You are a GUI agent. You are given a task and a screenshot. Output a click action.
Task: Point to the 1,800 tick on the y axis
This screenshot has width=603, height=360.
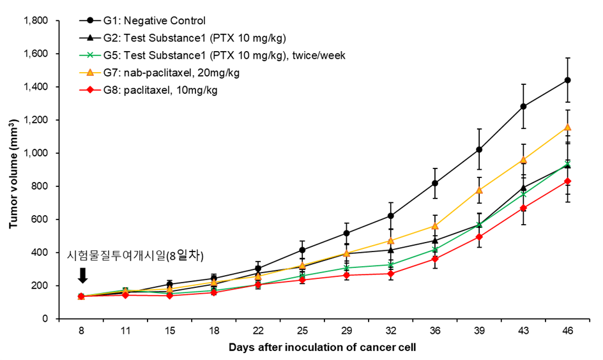[36, 20]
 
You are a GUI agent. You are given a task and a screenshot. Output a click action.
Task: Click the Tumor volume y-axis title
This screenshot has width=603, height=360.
[13, 170]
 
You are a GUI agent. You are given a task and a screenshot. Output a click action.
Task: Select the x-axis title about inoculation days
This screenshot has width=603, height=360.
[323, 348]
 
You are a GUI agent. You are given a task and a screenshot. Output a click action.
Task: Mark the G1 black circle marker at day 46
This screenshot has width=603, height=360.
[567, 80]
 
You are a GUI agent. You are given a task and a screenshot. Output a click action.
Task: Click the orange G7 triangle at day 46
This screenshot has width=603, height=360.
[567, 127]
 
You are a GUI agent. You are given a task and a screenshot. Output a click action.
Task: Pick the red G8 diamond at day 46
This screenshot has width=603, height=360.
[567, 181]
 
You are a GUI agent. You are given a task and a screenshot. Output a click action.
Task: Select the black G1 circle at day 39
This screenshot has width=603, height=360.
[479, 149]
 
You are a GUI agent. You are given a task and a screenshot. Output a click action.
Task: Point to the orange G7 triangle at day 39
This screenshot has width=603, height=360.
[479, 190]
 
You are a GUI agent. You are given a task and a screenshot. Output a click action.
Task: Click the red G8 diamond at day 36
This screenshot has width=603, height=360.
[435, 259]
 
